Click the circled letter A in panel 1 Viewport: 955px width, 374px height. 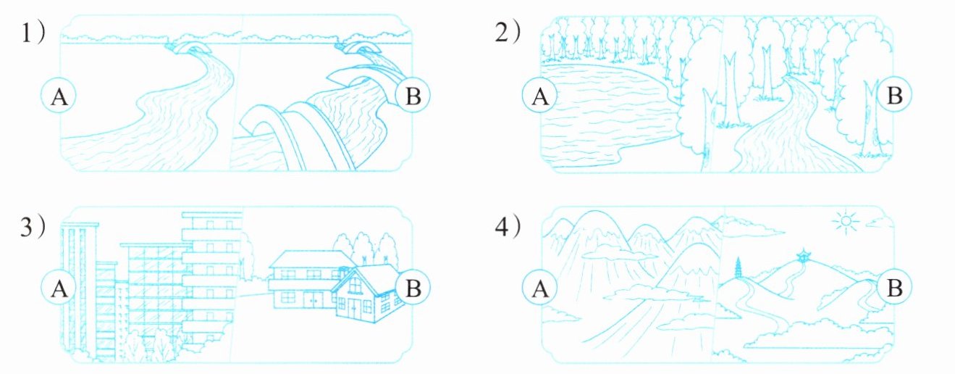59,96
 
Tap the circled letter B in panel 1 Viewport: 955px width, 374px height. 413,96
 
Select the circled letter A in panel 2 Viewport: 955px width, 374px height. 539,96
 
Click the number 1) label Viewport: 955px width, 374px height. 33,33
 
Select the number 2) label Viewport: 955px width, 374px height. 508,33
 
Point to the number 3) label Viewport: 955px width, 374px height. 33,226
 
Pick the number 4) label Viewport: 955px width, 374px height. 508,226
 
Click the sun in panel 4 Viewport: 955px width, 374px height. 846,221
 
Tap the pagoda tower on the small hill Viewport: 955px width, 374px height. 739,269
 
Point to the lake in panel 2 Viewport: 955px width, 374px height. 605,115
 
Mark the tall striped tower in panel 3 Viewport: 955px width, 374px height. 80,291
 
